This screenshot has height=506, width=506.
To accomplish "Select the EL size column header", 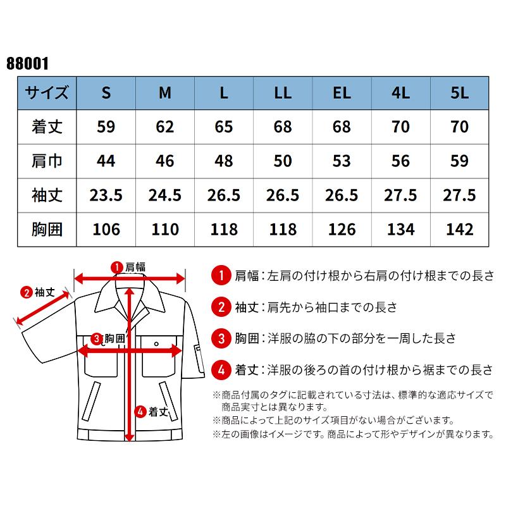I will tap(342, 93).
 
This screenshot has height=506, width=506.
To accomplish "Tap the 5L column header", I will tap(460, 93).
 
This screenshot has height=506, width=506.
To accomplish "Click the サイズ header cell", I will tap(47, 93).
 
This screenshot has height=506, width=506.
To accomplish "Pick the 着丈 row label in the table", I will tap(47, 126).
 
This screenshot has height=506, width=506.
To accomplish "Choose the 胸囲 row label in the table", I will tap(47, 229).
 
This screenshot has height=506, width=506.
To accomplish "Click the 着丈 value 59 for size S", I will tap(106, 126).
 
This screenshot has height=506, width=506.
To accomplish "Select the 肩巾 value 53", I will tap(342, 161).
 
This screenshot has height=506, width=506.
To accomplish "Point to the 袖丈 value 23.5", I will tap(106, 195).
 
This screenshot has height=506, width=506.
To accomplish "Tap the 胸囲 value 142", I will tap(460, 229).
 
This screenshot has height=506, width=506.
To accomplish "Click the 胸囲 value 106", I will tap(106, 229).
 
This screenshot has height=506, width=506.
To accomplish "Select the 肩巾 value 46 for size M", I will tap(165, 161).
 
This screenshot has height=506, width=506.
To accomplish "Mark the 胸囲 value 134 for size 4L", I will tap(401, 229).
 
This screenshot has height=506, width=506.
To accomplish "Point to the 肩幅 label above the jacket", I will tap(135, 267).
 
